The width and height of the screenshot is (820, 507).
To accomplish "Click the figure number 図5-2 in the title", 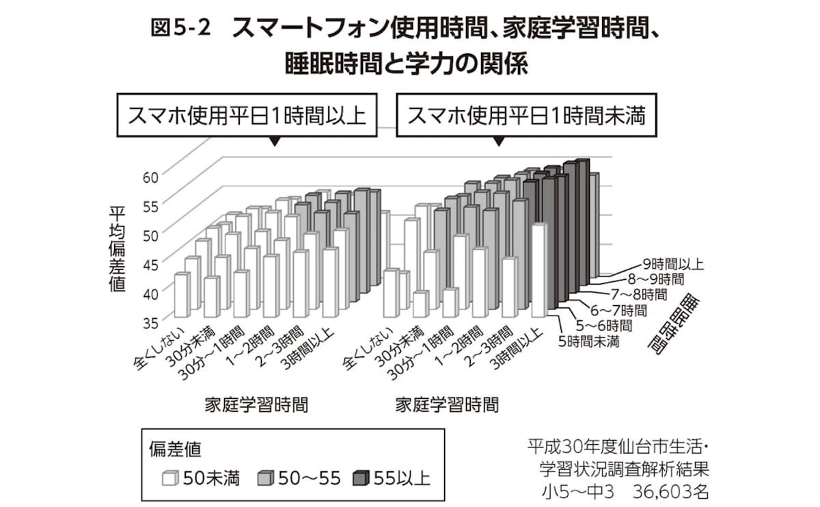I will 179,29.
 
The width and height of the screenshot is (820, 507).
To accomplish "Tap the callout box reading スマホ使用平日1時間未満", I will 526,116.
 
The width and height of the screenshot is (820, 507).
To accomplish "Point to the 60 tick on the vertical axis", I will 151,175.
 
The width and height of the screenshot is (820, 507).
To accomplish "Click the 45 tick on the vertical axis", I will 151,262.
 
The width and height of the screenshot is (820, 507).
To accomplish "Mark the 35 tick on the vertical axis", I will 151,320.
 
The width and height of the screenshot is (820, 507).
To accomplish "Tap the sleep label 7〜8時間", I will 640,294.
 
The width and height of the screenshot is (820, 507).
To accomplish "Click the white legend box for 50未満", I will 169,478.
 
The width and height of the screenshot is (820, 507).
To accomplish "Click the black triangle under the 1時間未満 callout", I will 498,142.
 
